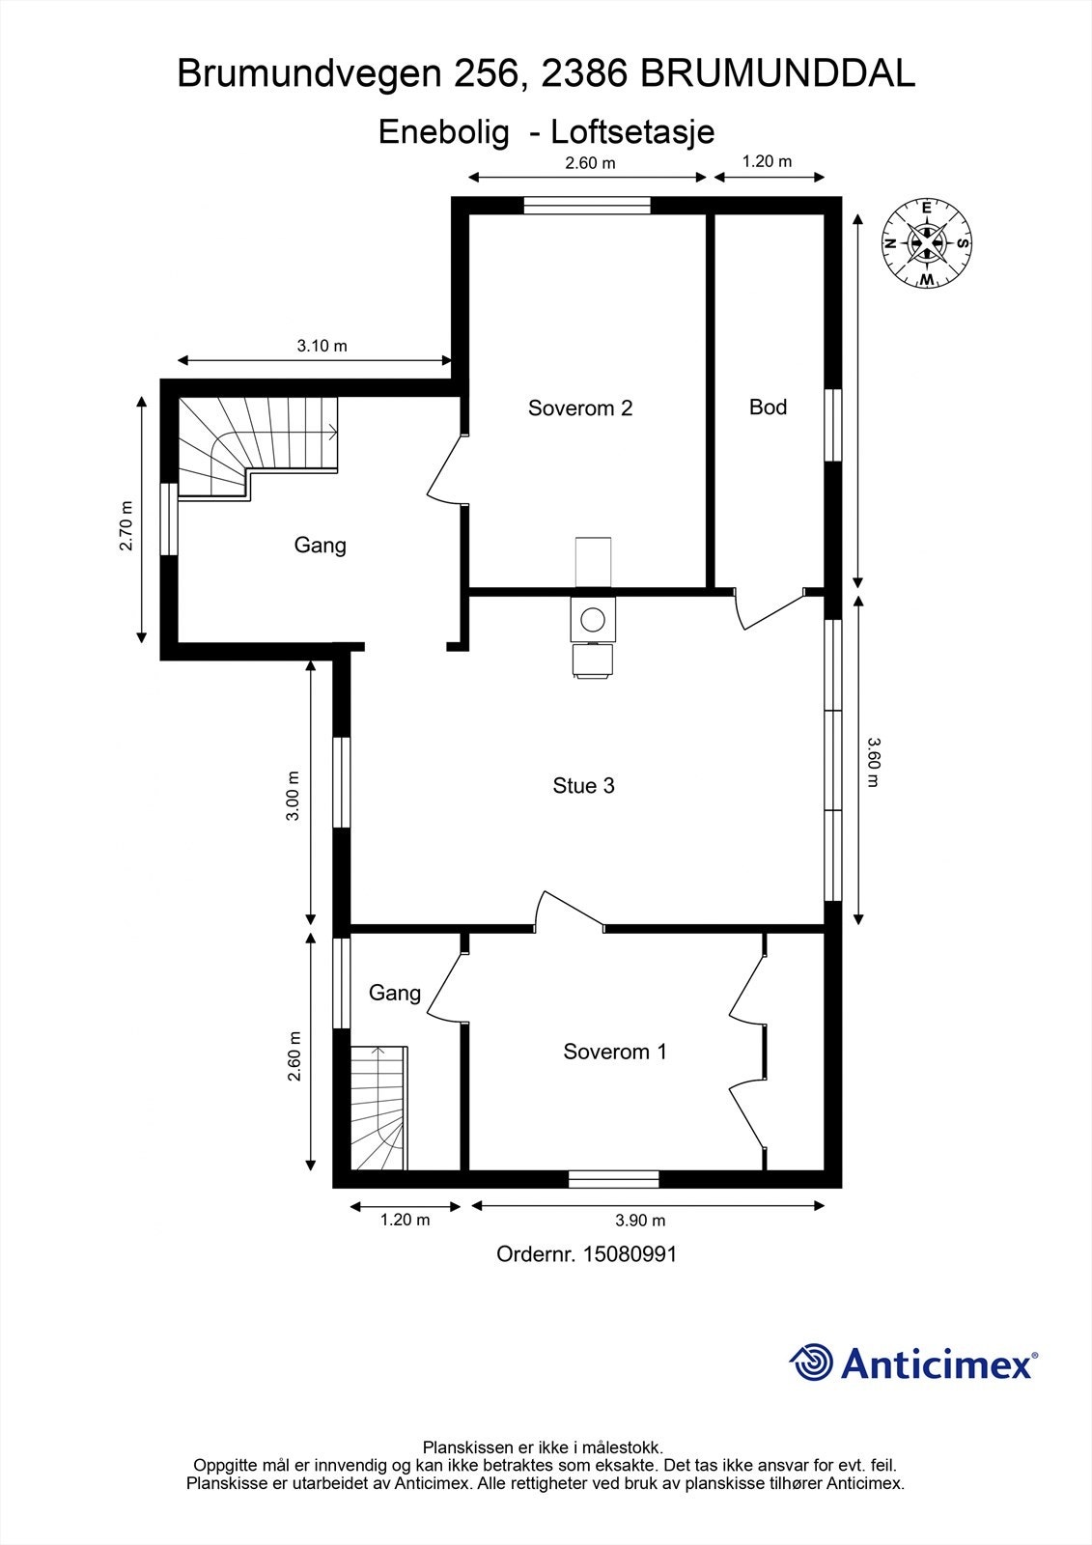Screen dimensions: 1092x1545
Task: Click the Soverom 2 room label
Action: (580, 407)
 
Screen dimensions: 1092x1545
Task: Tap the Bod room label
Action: (768, 407)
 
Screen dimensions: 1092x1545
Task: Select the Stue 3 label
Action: (583, 785)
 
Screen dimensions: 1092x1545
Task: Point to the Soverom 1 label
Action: (615, 1052)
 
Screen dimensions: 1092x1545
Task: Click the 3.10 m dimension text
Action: (322, 346)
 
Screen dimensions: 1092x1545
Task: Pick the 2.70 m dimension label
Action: (126, 525)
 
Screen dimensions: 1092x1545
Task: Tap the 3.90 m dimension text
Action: (640, 1221)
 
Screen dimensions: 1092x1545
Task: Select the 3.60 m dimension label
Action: (874, 762)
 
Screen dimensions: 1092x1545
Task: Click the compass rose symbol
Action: (927, 243)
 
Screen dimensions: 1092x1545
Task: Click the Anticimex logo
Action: (913, 1362)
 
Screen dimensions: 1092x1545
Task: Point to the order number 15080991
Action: (630, 1253)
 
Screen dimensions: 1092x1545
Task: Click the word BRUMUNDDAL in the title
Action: (777, 73)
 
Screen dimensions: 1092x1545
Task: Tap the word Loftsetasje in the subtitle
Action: (631, 132)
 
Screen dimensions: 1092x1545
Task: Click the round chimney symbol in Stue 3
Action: (593, 619)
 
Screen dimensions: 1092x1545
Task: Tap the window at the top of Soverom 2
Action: (587, 206)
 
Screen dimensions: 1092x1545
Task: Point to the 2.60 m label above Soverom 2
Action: (590, 163)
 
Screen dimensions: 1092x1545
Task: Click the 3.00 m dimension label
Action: (294, 795)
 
